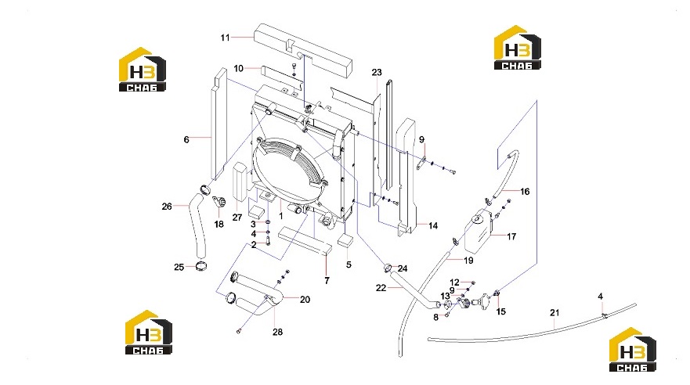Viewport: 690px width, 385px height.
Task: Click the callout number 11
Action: (226, 38)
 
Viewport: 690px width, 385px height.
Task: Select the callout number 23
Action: (377, 73)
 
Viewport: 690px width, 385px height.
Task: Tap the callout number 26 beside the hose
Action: (167, 206)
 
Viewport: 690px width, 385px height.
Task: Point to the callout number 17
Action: (511, 236)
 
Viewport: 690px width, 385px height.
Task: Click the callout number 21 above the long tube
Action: (555, 312)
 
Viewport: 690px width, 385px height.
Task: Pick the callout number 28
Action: (277, 332)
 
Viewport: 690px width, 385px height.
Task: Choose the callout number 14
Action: (433, 225)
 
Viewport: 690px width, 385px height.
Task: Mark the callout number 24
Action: (403, 268)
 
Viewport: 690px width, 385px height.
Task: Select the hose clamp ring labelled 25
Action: (200, 266)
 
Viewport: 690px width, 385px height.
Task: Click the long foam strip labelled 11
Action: (304, 49)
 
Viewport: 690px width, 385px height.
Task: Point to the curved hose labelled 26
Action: (197, 227)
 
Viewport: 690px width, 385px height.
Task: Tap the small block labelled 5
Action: (345, 239)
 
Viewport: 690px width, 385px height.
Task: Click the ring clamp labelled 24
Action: (388, 268)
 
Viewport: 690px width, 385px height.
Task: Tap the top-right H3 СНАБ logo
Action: (517, 48)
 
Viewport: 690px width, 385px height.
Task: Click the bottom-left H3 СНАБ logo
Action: (148, 333)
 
